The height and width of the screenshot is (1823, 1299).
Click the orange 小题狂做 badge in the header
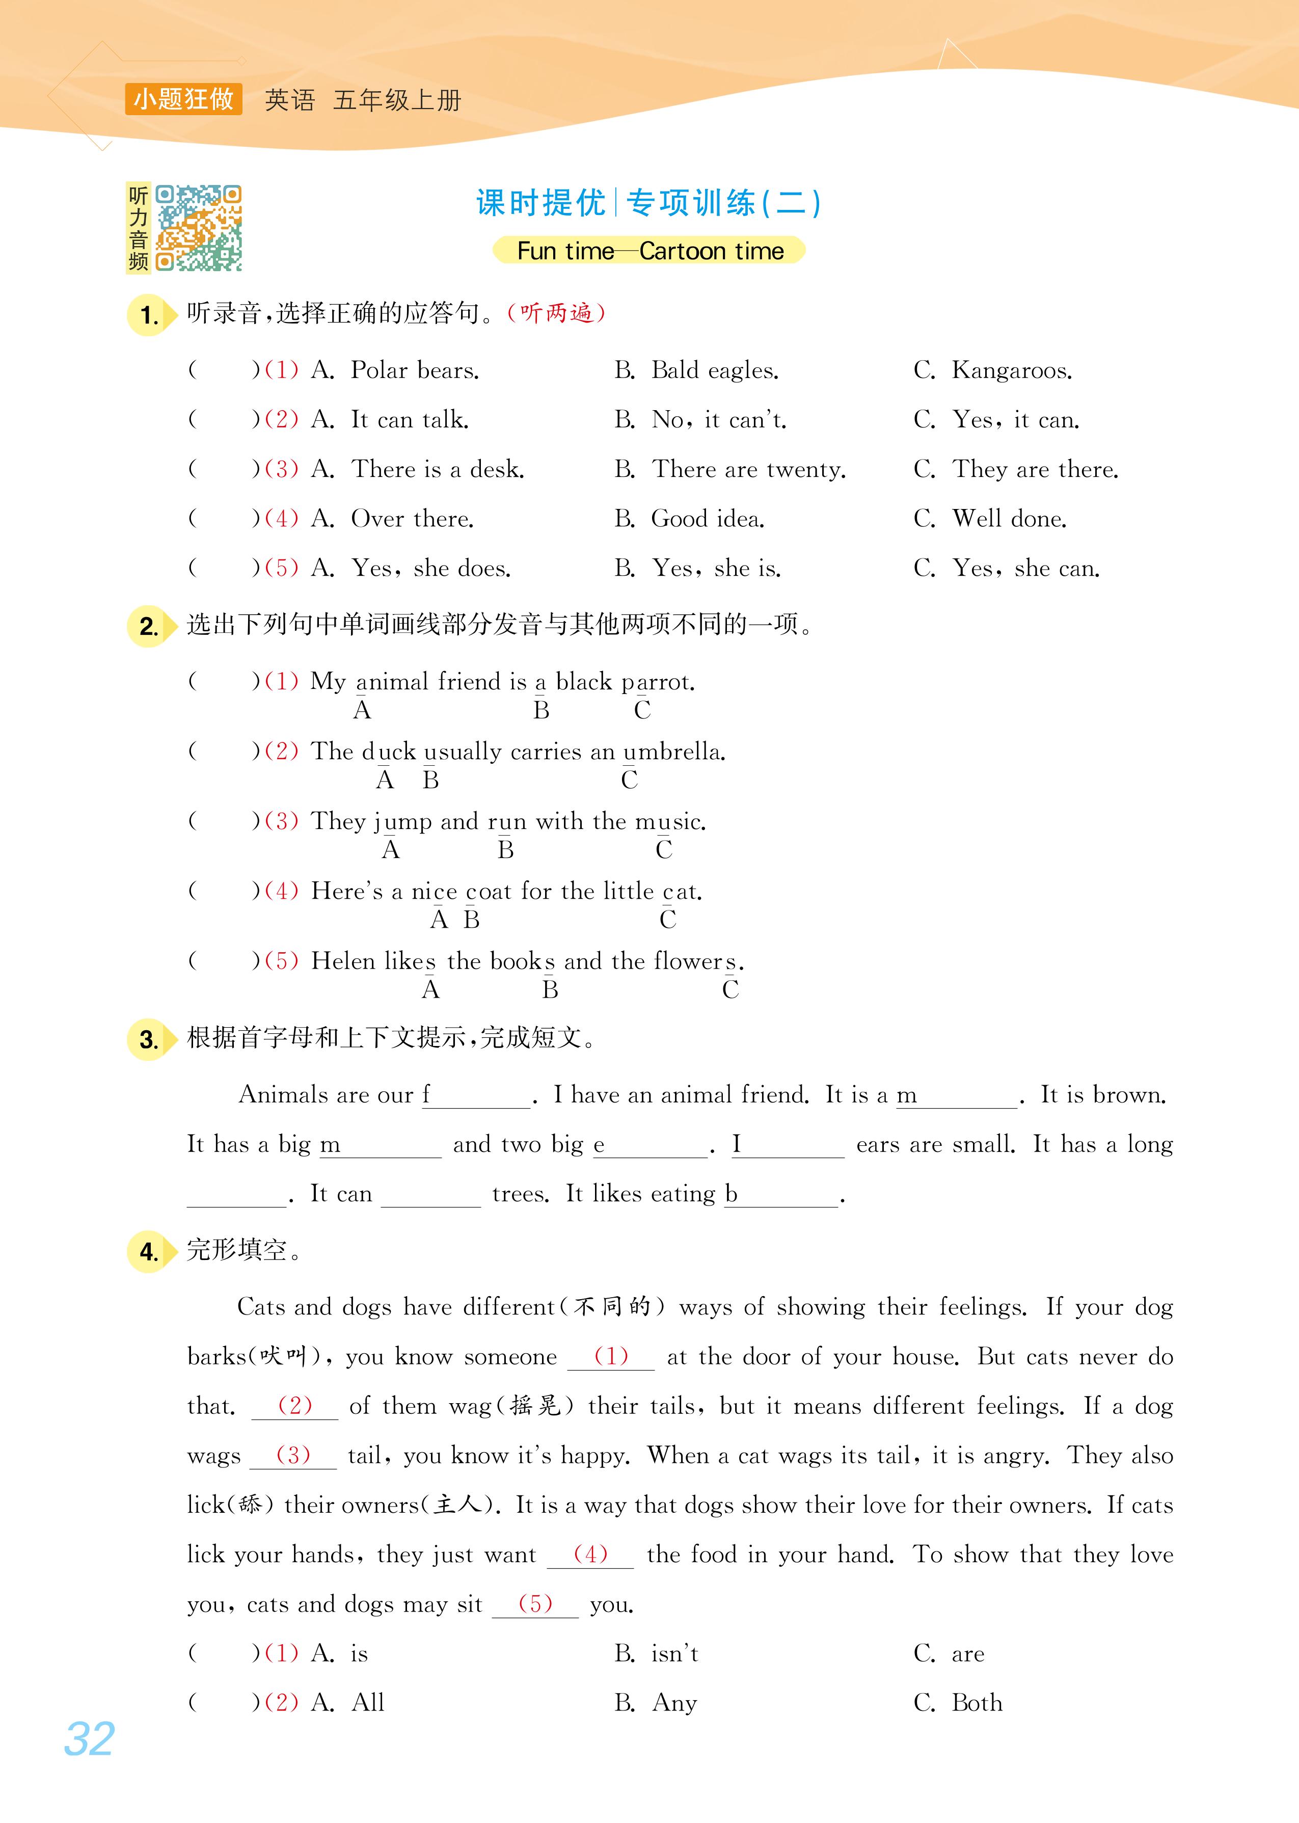coord(183,99)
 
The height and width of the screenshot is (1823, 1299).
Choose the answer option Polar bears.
coord(414,370)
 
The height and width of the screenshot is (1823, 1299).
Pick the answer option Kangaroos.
coord(1011,370)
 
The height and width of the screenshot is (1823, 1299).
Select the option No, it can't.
coord(718,420)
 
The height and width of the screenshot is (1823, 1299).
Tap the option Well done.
coord(1009,519)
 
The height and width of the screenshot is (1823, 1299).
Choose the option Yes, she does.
coord(430,569)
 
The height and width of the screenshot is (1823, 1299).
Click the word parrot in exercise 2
coord(658,682)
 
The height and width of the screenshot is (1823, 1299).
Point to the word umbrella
coord(673,752)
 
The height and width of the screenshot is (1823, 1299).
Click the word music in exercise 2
coord(669,821)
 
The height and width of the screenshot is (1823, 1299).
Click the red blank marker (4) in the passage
coord(590,1553)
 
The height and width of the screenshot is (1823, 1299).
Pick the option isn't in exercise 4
coord(674,1653)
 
